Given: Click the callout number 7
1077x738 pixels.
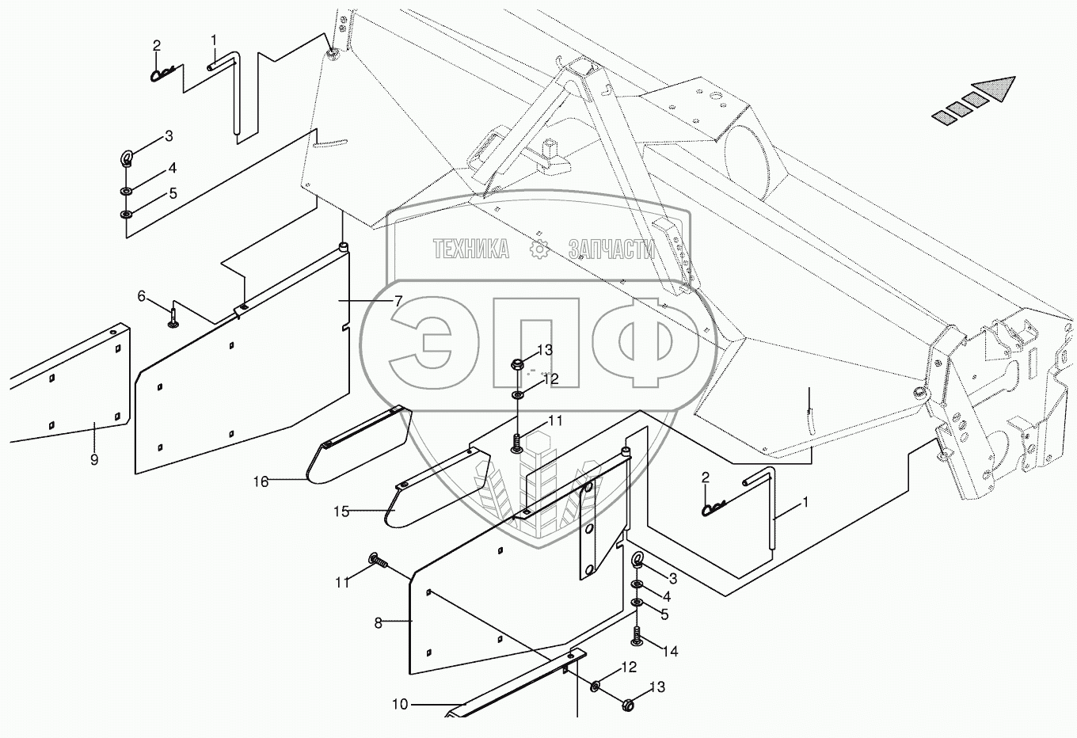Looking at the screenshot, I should [398, 301].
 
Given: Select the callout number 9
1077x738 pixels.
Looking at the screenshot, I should [94, 459].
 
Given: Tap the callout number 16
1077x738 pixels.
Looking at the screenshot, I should [261, 481].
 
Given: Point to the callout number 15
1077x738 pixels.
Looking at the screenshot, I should [341, 512].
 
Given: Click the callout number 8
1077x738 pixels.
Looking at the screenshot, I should [379, 622].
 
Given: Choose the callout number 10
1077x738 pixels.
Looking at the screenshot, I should [400, 704].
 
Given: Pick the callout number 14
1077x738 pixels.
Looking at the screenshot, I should [671, 652].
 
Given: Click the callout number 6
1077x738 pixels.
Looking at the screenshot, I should [142, 296].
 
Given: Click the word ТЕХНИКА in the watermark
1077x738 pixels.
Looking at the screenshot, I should [471, 250].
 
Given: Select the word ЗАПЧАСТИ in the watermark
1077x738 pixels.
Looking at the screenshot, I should [611, 250].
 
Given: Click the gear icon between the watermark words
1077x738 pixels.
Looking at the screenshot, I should [540, 249].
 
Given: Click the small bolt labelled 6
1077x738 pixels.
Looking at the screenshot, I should [173, 318].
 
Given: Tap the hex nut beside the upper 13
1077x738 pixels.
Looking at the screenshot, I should [516, 365].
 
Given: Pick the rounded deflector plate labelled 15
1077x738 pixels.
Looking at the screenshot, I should [436, 491].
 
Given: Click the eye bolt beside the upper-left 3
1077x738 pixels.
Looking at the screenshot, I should [127, 158].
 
